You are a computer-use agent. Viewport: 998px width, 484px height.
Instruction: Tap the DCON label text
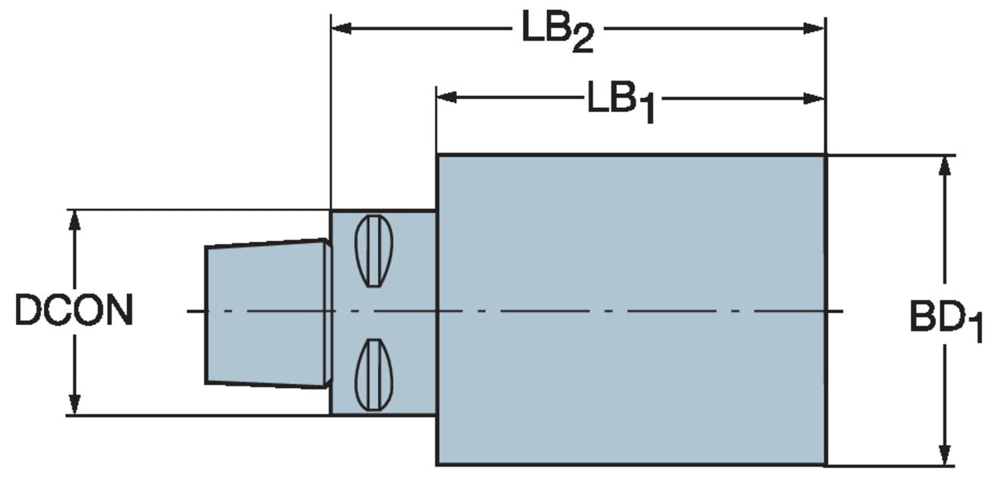tap(74, 311)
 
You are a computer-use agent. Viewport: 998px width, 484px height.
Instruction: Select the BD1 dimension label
tap(945, 321)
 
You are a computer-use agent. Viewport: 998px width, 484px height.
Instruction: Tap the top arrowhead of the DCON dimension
tap(75, 220)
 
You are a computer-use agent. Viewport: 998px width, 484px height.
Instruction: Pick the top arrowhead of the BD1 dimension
tap(943, 166)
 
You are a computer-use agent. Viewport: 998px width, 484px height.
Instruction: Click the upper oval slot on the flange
tap(374, 251)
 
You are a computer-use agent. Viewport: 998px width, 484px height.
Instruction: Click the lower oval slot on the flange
tap(374, 375)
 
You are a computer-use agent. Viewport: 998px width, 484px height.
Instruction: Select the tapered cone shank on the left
tap(266, 313)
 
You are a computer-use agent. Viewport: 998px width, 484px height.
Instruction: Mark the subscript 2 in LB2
tap(580, 42)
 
